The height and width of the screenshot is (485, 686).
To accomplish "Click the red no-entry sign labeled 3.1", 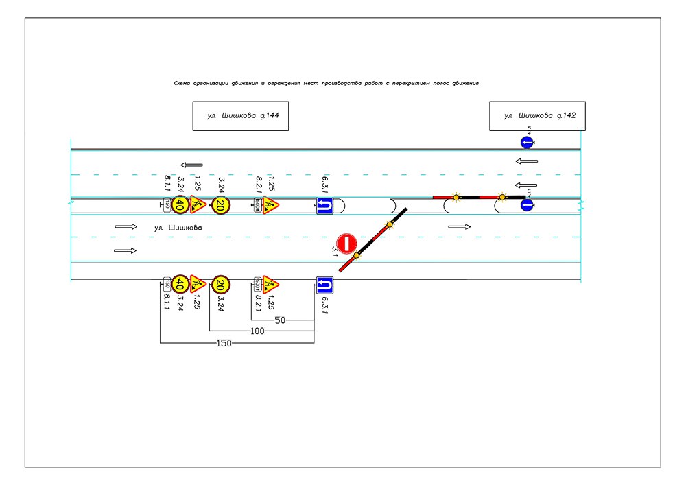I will pos(347,244).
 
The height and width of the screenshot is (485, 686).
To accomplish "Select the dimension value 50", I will pos(280,320).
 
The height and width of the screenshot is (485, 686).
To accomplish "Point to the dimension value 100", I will pos(258,331).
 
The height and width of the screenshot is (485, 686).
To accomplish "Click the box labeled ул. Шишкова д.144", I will pos(240,116).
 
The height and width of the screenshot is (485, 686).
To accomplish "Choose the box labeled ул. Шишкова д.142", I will pos(537,116).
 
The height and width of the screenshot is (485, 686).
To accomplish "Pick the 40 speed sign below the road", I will pos(180,283).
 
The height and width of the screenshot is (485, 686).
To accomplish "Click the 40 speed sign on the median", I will pos(180,204).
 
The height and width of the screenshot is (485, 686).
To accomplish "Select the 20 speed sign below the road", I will pos(220,283).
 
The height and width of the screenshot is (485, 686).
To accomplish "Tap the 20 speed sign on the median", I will pos(220,204).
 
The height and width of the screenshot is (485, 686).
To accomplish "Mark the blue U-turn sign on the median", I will pos(324,205).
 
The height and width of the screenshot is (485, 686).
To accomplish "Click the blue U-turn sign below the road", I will pos(324,284).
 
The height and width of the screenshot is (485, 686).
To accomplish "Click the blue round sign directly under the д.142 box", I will pos(527,143).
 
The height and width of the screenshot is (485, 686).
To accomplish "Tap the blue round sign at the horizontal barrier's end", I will pos(527,204).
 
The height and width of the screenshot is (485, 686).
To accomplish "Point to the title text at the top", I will pos(326,82).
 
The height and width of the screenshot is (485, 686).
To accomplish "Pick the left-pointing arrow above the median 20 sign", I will pos(192,165).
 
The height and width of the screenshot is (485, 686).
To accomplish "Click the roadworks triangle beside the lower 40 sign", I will pos(198,283).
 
